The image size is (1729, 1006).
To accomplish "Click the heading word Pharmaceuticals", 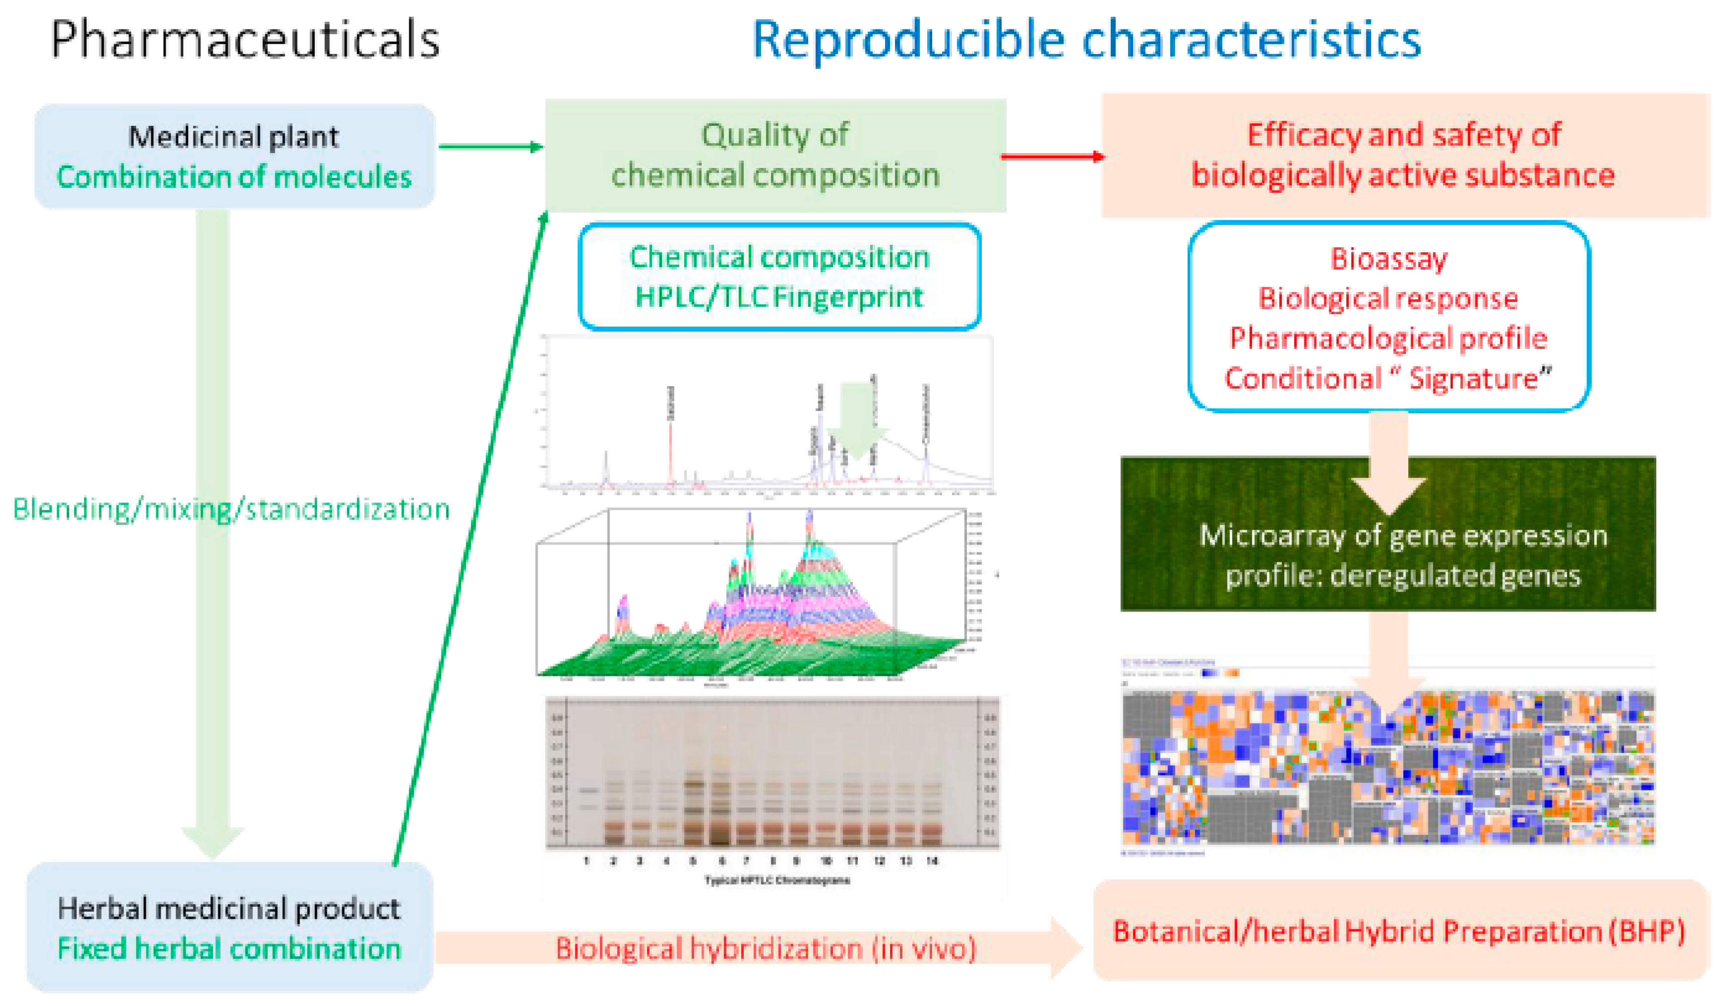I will coord(245,40).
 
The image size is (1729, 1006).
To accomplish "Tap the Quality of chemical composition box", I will coord(775,155).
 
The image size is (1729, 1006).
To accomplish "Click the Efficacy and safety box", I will coord(1404,155).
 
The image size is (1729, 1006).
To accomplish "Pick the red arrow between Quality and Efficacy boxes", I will coord(1053,157).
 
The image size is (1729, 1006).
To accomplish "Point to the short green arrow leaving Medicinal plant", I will coord(490,146).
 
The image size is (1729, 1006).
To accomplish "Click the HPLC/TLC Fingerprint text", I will coord(779,297).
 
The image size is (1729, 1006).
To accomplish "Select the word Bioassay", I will coord(1389,259).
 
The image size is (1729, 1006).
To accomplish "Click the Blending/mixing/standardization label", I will coord(231,509).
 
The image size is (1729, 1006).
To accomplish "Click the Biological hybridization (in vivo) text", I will coord(765,949).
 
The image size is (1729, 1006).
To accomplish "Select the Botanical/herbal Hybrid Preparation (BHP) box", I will coord(1399,931).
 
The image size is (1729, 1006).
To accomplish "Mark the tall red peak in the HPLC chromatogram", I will coord(670,452).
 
